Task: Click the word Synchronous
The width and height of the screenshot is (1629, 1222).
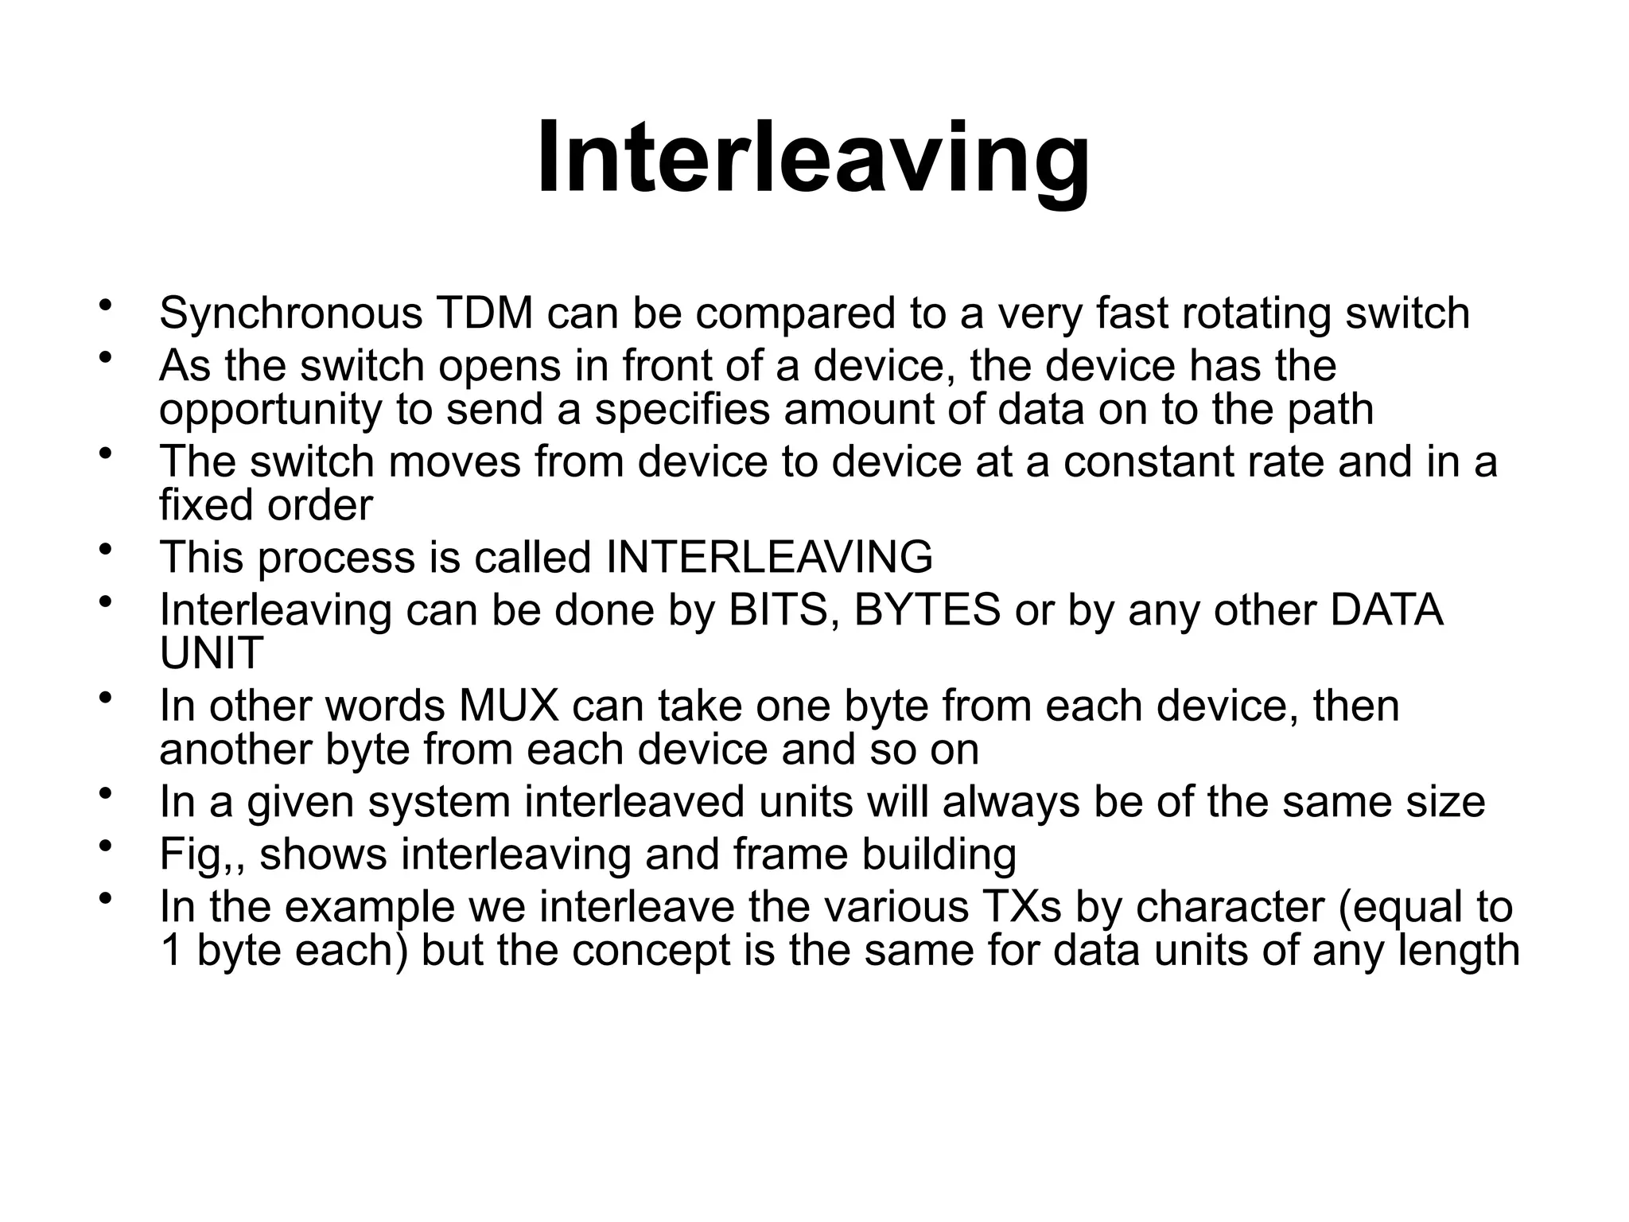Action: pos(290,313)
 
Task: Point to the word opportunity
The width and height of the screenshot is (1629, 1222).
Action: pos(270,411)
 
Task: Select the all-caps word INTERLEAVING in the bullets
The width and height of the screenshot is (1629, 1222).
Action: pos(769,557)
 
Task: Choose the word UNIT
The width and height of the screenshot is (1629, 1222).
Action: pos(211,653)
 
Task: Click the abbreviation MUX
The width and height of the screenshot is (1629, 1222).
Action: pos(508,706)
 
